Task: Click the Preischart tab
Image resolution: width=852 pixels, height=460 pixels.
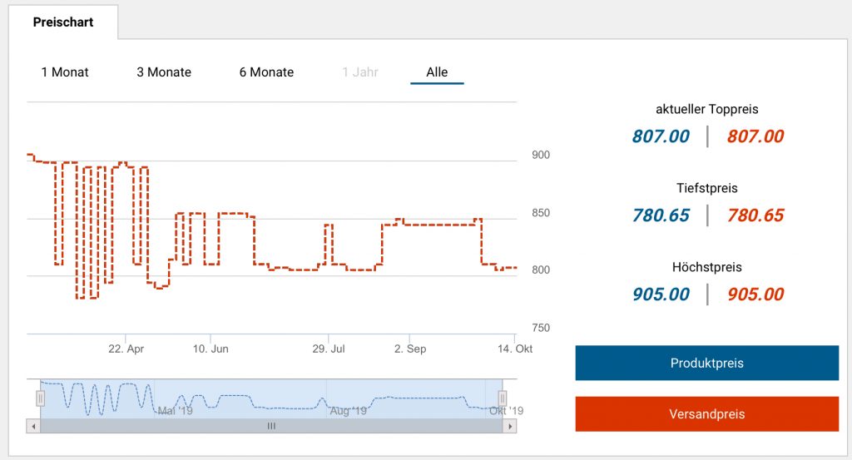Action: click(x=63, y=22)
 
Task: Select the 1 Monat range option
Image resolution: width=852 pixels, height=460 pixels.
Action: click(x=65, y=72)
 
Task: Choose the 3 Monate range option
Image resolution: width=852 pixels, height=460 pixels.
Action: click(x=164, y=72)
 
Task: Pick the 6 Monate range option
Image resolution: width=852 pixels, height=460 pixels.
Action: click(x=266, y=72)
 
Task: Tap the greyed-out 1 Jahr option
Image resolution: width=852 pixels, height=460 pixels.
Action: click(x=360, y=72)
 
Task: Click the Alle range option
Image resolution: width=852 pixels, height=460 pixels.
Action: click(x=437, y=72)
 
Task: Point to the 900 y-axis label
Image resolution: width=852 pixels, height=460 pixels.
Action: click(x=540, y=155)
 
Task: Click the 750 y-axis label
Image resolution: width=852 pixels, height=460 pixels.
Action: click(x=540, y=328)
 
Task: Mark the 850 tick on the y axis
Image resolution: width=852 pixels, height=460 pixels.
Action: click(x=540, y=213)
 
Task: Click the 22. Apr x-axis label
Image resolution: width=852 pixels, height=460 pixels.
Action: click(x=126, y=349)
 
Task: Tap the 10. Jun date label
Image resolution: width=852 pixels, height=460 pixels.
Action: click(x=211, y=349)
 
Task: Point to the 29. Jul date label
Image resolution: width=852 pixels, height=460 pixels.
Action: click(x=329, y=349)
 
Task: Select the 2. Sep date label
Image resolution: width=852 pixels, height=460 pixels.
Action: click(x=410, y=349)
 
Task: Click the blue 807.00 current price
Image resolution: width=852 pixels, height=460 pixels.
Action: click(x=661, y=136)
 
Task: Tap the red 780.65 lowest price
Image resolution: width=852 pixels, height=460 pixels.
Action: click(x=755, y=215)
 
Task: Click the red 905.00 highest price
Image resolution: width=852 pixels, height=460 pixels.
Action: click(x=755, y=294)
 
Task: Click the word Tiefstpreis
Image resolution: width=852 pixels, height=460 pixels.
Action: click(x=707, y=188)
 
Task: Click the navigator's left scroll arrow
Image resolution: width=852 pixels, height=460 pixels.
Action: click(x=34, y=426)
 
